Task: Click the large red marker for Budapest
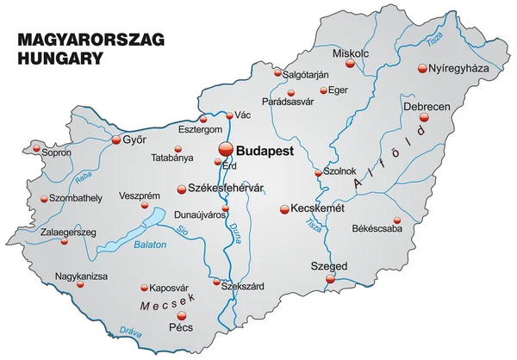click(x=225, y=149)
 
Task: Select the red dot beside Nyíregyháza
click(x=422, y=68)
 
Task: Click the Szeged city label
click(x=329, y=267)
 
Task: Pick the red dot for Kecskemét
click(x=284, y=208)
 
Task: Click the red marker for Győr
click(x=117, y=138)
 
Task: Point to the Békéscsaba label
click(x=377, y=229)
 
